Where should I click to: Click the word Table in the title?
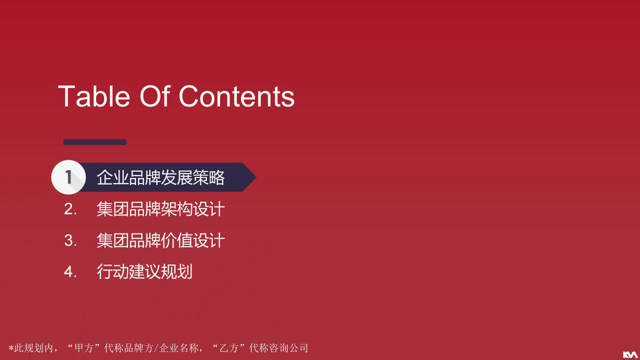click(94, 96)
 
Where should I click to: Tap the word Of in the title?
click(155, 96)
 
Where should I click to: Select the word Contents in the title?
click(236, 96)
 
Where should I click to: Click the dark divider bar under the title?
click(95, 142)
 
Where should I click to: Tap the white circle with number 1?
click(68, 177)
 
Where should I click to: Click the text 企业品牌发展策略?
click(161, 177)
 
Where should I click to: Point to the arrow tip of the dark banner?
click(256, 177)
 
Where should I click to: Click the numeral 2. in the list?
click(70, 209)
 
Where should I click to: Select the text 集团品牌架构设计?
click(161, 209)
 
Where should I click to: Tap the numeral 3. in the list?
click(70, 240)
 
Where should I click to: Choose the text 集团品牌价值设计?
click(161, 240)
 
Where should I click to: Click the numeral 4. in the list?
click(70, 271)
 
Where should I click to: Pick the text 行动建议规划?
click(145, 271)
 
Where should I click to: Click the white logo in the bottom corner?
click(629, 354)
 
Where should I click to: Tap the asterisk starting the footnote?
click(11, 348)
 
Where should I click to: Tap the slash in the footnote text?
click(156, 348)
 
